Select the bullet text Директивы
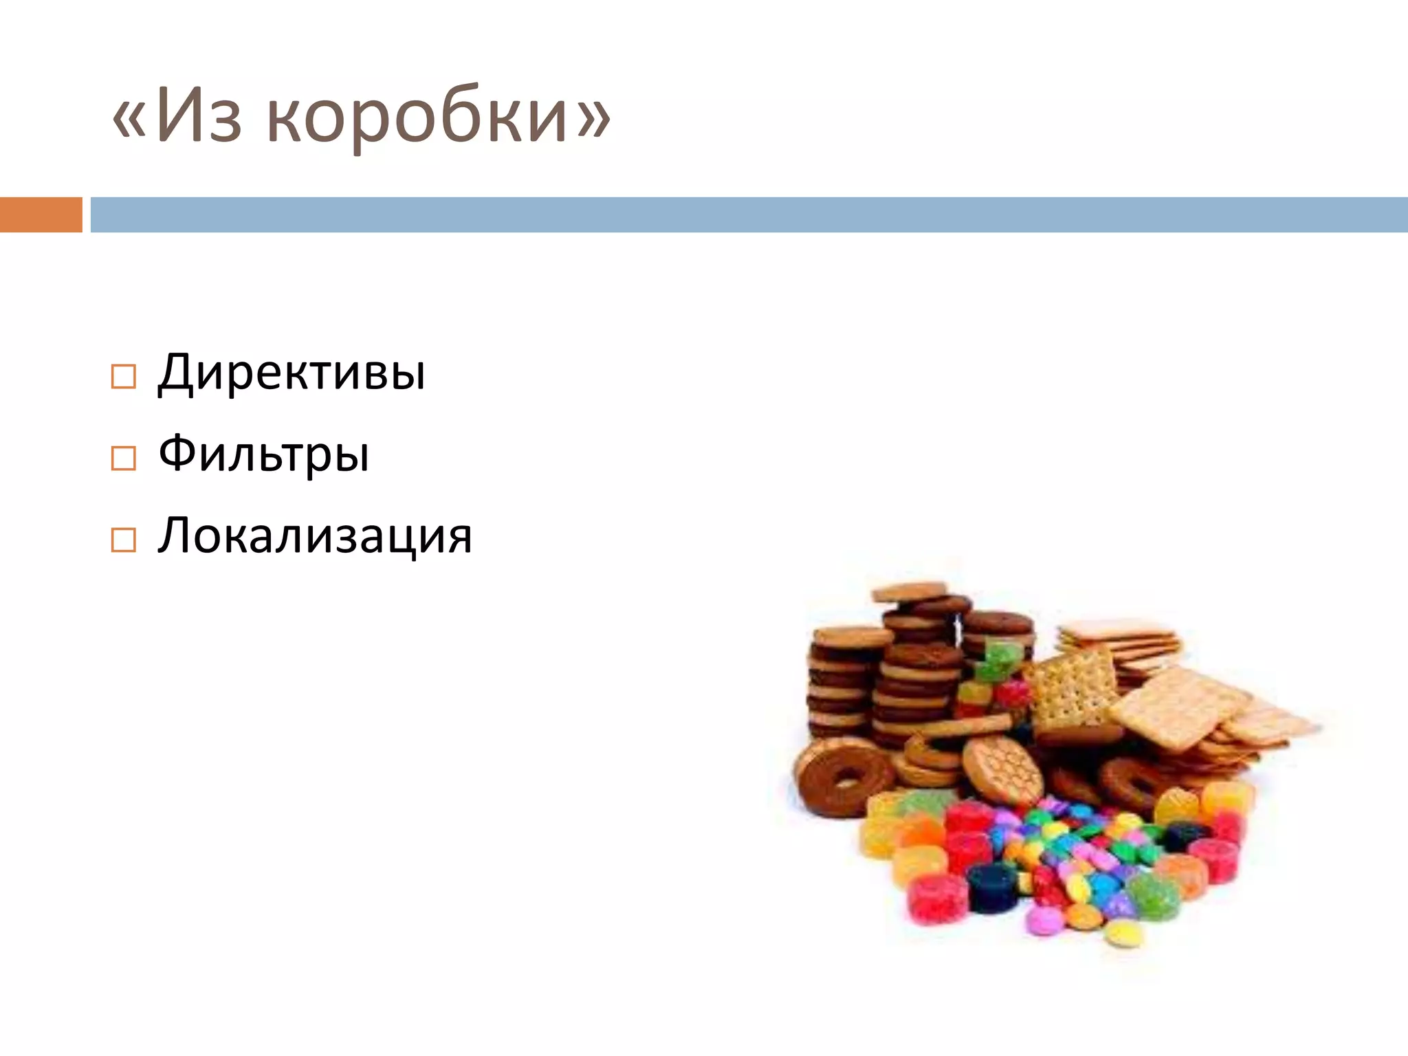tap(291, 373)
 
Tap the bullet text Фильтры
tap(264, 454)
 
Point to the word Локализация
tap(315, 536)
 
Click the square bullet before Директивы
tap(123, 377)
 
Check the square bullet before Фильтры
tap(123, 458)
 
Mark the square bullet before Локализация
tap(123, 540)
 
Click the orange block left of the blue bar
tap(41, 214)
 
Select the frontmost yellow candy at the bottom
tap(1123, 933)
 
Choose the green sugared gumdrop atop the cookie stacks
tap(1001, 659)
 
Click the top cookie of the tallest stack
tap(909, 592)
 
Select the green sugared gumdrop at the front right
tap(1154, 895)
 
